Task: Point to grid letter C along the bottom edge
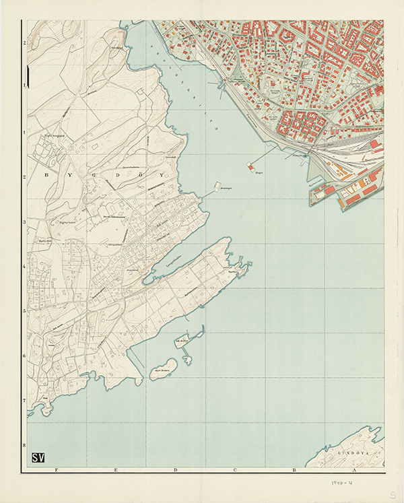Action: (x=235, y=471)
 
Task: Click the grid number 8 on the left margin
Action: (x=24, y=445)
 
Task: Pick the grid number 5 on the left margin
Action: (x=24, y=311)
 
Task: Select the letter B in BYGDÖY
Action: (x=46, y=174)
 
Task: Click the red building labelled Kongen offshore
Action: (x=251, y=166)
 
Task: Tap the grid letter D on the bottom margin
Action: (x=176, y=471)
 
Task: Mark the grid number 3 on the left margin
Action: (x=24, y=222)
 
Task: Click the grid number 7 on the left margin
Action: (x=24, y=401)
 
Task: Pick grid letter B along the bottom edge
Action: (x=294, y=471)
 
